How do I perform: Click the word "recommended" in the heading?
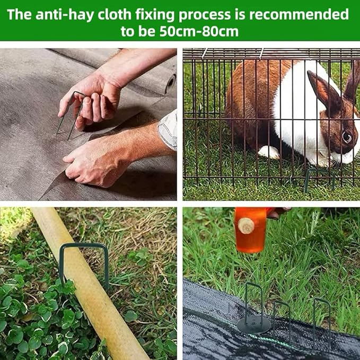coord(298,14)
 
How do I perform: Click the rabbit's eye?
coord(347,137)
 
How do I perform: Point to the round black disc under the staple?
coord(253,324)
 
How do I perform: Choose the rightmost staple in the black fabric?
coord(322,321)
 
